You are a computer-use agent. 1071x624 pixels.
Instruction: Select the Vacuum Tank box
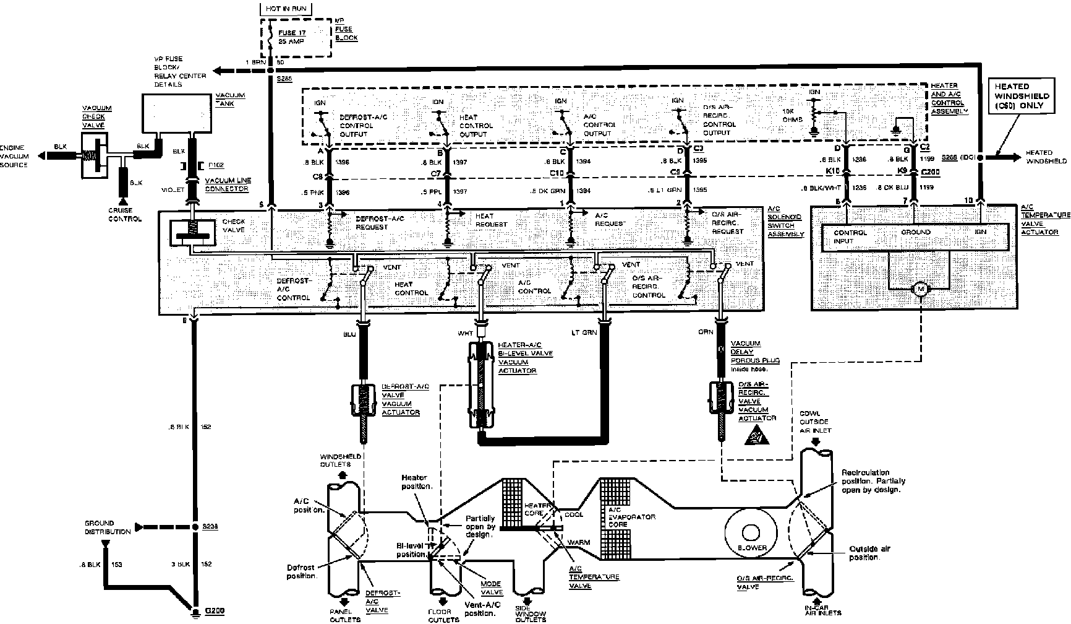click(x=176, y=113)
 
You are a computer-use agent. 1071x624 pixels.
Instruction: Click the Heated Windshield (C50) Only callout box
click(x=1021, y=97)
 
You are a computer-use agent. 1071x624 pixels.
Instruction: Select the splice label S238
click(x=210, y=527)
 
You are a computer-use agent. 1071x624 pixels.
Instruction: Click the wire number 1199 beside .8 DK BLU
click(x=926, y=186)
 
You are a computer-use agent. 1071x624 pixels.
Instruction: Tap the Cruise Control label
click(x=125, y=214)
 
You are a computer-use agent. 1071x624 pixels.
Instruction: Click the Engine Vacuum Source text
click(x=14, y=157)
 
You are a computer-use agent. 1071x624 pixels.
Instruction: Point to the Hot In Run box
click(x=285, y=9)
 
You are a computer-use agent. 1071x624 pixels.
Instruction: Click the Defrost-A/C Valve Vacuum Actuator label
click(x=401, y=399)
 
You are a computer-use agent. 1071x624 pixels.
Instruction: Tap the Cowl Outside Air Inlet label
click(x=815, y=422)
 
